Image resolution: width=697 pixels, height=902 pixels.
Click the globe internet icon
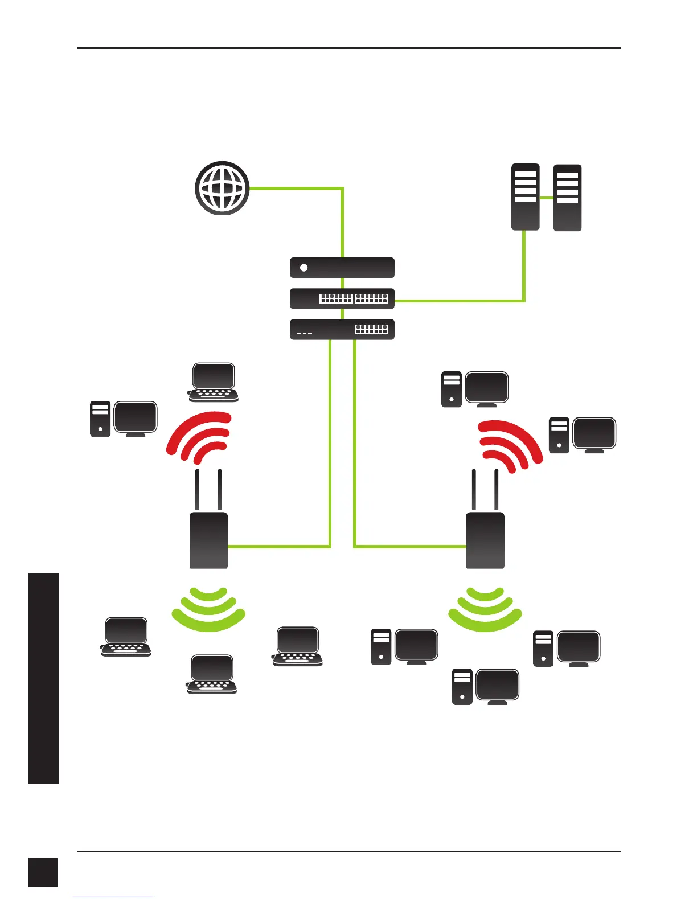coord(222,187)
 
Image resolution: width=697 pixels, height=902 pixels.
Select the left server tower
coord(525,197)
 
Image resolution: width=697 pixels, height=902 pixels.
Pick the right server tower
coord(567,198)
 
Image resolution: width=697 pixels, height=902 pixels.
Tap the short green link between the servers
coord(547,198)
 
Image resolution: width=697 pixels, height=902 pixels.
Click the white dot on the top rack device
coord(304,268)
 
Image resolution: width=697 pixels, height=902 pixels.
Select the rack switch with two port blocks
coord(342,298)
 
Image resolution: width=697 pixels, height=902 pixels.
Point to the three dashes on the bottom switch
coord(305,333)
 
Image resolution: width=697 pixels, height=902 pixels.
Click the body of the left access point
coord(208,540)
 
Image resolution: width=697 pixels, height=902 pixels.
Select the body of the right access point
coord(485,540)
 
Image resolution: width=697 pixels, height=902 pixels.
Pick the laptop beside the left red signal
coord(213,382)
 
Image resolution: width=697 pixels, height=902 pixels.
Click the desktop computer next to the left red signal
coord(124,419)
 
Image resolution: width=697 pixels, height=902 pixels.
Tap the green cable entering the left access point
coord(279,547)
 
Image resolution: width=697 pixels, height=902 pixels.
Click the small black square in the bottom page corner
coord(43,872)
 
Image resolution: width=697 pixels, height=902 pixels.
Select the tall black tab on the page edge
coord(43,678)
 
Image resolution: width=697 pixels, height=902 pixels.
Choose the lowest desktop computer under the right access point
coord(486,687)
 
